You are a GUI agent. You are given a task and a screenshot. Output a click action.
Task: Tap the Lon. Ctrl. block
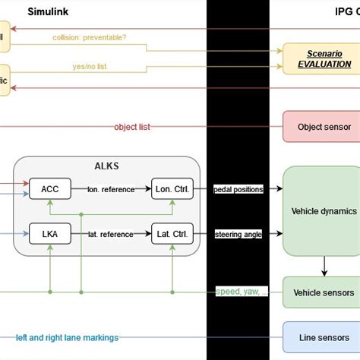tap(172, 189)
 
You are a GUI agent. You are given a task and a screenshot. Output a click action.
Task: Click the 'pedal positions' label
tap(238, 189)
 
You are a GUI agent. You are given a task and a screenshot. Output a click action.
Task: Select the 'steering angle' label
tap(238, 234)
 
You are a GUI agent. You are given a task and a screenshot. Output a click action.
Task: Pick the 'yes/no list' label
tap(90, 67)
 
